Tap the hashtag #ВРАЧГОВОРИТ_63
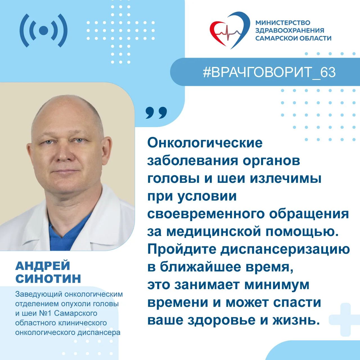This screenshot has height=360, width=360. (x=269, y=72)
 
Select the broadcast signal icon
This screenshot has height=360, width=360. (x=43, y=30)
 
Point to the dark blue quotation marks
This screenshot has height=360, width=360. (x=156, y=113)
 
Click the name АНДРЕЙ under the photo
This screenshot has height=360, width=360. (x=42, y=266)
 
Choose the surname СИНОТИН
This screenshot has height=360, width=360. (x=48, y=278)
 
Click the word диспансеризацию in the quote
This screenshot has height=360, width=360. (x=285, y=250)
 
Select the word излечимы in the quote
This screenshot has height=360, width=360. (x=286, y=179)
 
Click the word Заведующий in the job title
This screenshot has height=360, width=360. (x=39, y=295)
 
